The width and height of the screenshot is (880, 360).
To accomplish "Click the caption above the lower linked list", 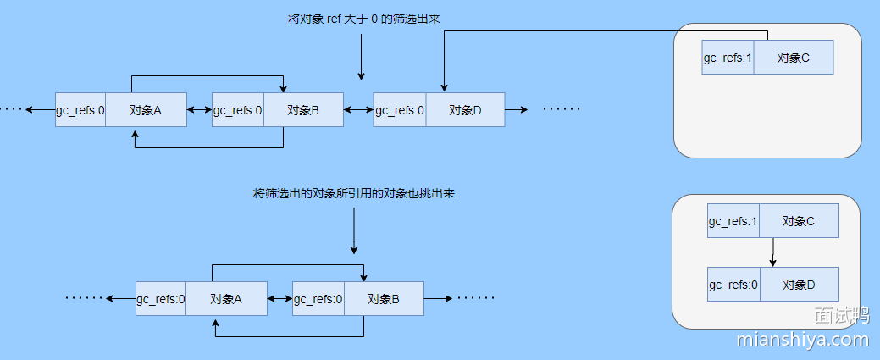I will pos(354,193).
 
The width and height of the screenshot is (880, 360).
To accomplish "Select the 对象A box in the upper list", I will pos(146,110).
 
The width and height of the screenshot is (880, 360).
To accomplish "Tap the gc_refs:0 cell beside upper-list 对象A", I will pos(80,110).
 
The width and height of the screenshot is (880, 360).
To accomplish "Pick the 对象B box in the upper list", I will pos(303,110).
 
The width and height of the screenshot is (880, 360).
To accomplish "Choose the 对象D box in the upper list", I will pos(465,110).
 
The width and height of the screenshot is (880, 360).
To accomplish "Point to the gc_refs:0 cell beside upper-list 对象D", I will pos(400,110).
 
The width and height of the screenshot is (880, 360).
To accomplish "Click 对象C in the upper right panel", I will pos(794,58).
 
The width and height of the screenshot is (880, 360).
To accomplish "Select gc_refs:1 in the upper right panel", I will pos(728,58).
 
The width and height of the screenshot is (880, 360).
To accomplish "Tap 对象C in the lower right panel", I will pos(799,221).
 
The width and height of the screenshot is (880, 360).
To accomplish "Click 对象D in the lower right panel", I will pos(799,285).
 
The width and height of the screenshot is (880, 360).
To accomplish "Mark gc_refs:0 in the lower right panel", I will pos(733,285).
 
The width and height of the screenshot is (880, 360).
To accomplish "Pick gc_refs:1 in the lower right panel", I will pos(733,221).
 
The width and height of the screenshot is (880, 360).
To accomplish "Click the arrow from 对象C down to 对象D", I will pos(772,252).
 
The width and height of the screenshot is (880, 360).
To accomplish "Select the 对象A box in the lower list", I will pos(226,299).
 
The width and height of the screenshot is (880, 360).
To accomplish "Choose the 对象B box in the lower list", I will pos(384,299).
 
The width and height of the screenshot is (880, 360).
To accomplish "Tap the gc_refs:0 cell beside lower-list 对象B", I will pos(318,299).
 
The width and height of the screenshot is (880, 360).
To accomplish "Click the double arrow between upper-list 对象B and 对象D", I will pos(358,110).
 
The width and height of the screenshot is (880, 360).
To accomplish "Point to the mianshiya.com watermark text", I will pos(803,340).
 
